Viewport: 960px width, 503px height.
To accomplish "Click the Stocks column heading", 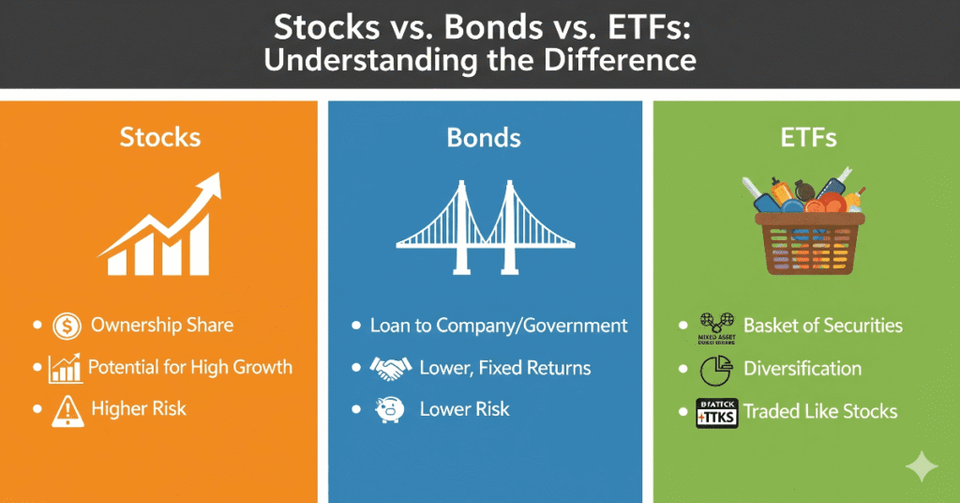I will point(160,137).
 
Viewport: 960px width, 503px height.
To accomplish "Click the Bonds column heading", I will point(484,138).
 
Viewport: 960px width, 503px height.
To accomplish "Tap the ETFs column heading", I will point(807,138).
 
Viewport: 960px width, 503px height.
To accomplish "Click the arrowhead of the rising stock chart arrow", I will point(212,187).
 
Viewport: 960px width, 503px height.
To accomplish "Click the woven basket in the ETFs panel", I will point(807,243).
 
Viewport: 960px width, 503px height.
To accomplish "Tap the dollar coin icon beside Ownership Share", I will point(67,327).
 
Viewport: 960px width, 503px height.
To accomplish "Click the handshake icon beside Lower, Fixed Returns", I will point(391,368).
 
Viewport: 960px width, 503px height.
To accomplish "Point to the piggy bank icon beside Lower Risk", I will point(391,410).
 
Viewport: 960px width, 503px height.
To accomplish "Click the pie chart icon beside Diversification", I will point(714,370).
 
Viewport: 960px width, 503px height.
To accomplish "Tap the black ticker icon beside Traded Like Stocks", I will point(714,412).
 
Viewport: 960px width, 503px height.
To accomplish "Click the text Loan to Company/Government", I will point(499,327).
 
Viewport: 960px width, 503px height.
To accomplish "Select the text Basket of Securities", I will point(822,327).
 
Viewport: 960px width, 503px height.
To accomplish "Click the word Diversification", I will point(802,369).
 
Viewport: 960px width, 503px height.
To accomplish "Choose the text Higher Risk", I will point(139,409).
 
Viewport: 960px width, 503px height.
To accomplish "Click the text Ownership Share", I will point(162,327).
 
